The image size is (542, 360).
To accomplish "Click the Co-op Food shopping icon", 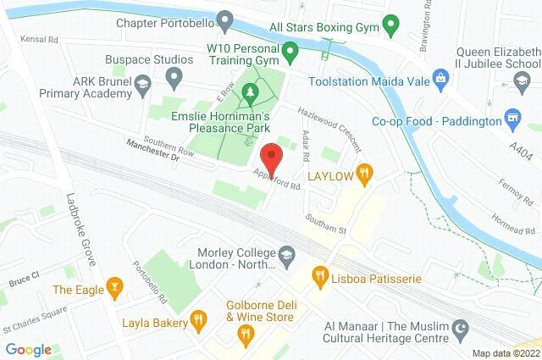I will pos(511,115).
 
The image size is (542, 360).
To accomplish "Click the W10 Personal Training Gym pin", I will pos(290,57).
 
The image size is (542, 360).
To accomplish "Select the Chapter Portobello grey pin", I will pos(224,19).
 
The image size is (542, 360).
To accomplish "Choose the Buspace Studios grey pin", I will pos(174,80).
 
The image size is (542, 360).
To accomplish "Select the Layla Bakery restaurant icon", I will pos(197,319).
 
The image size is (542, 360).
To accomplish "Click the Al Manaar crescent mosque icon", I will pos(462,326).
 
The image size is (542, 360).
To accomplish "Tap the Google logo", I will pos(28,348).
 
